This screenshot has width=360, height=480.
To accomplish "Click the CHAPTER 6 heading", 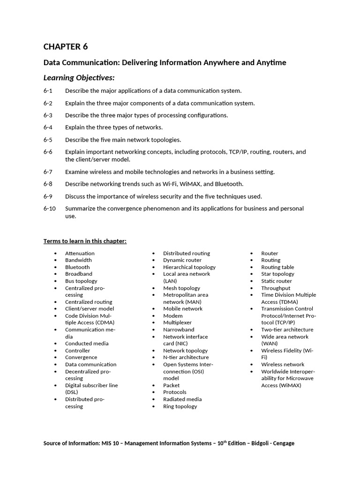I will pyautogui.click(x=66, y=46).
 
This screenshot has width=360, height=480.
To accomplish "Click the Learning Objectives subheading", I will pyautogui.click(x=79, y=77).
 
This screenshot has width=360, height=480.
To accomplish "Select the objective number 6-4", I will pyautogui.click(x=48, y=127).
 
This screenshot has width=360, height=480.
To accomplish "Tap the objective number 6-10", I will pyautogui.click(x=50, y=208).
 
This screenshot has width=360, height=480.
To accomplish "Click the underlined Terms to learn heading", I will pyautogui.click(x=85, y=241).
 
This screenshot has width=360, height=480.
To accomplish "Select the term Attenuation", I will pyautogui.click(x=80, y=253).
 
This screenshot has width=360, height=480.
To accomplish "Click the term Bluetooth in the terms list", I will pyautogui.click(x=77, y=267).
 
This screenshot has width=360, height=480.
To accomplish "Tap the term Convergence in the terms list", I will pyautogui.click(x=81, y=357).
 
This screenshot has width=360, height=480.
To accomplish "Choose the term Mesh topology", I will pyautogui.click(x=181, y=288).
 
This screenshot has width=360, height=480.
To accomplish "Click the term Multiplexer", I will pyautogui.click(x=177, y=322).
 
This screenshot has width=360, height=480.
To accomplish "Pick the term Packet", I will pyautogui.click(x=172, y=385).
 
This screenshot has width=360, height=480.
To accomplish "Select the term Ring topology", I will pyautogui.click(x=180, y=406).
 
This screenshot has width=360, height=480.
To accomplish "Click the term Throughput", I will pyautogui.click(x=276, y=288).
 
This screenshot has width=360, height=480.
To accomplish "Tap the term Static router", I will pyautogui.click(x=277, y=281).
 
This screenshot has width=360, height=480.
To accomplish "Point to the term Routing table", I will pyautogui.click(x=277, y=267).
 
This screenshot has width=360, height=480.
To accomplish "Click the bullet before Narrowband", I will pyautogui.click(x=153, y=330).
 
